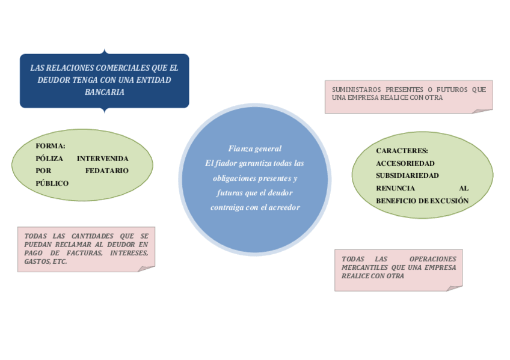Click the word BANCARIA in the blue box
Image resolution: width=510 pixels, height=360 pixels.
pyautogui.click(x=105, y=92)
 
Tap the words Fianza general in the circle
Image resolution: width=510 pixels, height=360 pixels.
pyautogui.click(x=255, y=148)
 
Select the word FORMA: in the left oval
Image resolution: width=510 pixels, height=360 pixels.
pyautogui.click(x=51, y=145)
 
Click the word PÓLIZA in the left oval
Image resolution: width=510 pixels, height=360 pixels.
pyautogui.click(x=48, y=158)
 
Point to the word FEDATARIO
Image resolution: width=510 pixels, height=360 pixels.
pyautogui.click(x=107, y=171)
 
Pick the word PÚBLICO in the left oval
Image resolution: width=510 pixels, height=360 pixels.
pyautogui.click(x=52, y=183)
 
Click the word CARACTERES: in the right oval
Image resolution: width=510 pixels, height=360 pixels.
pyautogui.click(x=402, y=150)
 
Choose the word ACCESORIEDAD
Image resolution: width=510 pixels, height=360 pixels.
pyautogui.click(x=405, y=163)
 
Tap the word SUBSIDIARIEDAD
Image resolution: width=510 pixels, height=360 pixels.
pyautogui.click(x=407, y=175)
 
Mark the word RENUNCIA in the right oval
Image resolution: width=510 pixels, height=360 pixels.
pyautogui.click(x=395, y=188)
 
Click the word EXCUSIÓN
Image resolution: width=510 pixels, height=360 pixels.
pyautogui.click(x=449, y=201)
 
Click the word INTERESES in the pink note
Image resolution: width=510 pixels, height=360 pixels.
pyautogui.click(x=129, y=254)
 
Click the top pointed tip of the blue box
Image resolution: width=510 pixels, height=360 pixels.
pyautogui.click(x=105, y=50)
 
